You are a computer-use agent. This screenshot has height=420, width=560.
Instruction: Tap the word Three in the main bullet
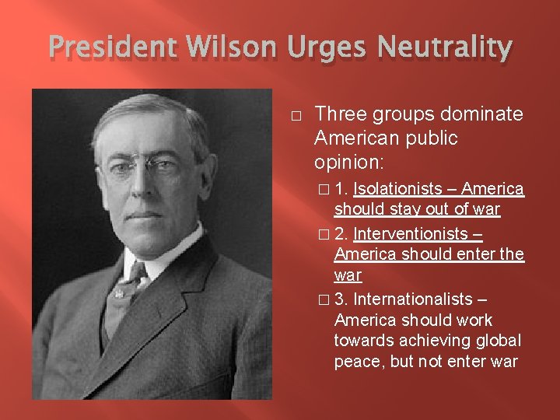[x=341, y=115]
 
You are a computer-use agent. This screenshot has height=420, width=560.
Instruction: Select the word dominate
[x=482, y=115]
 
